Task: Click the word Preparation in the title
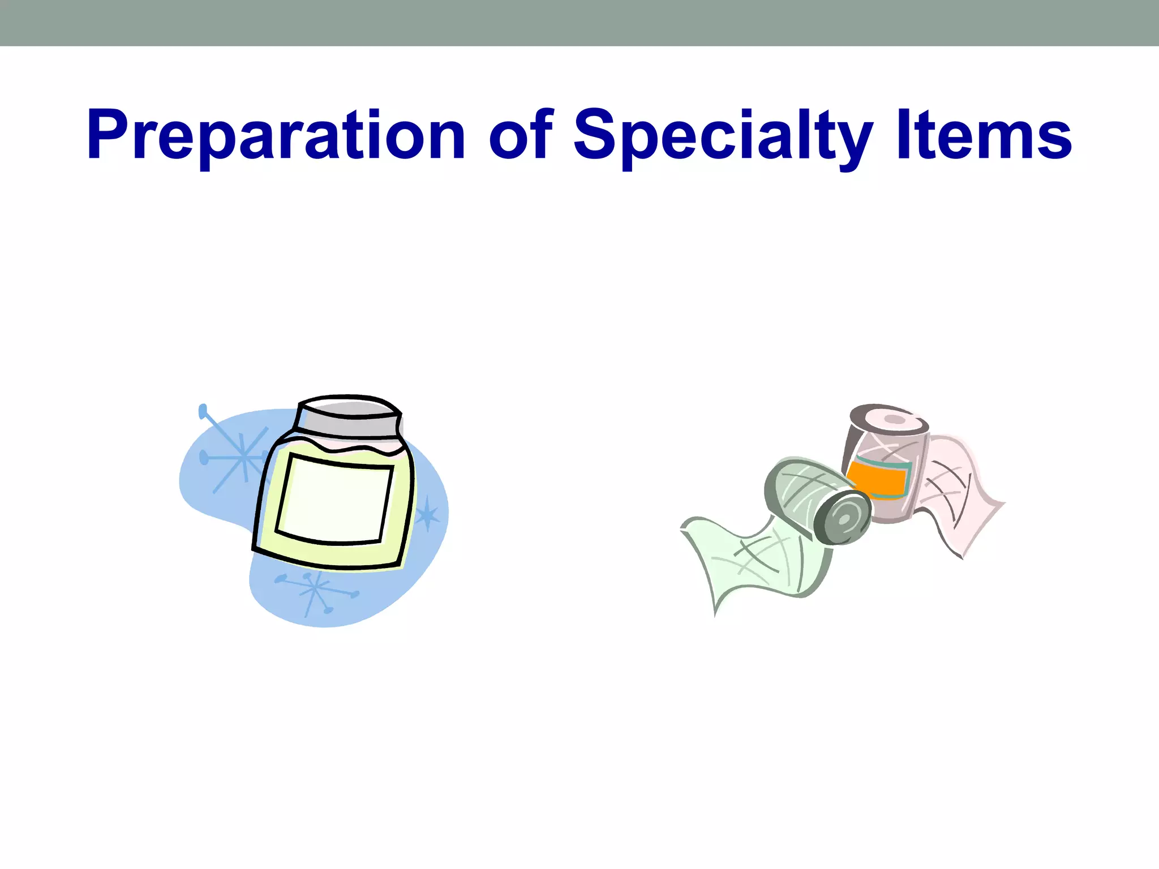[x=276, y=136]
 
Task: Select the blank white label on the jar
[x=335, y=499]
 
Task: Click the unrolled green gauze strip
[x=753, y=560]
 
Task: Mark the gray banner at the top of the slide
[x=579, y=23]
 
